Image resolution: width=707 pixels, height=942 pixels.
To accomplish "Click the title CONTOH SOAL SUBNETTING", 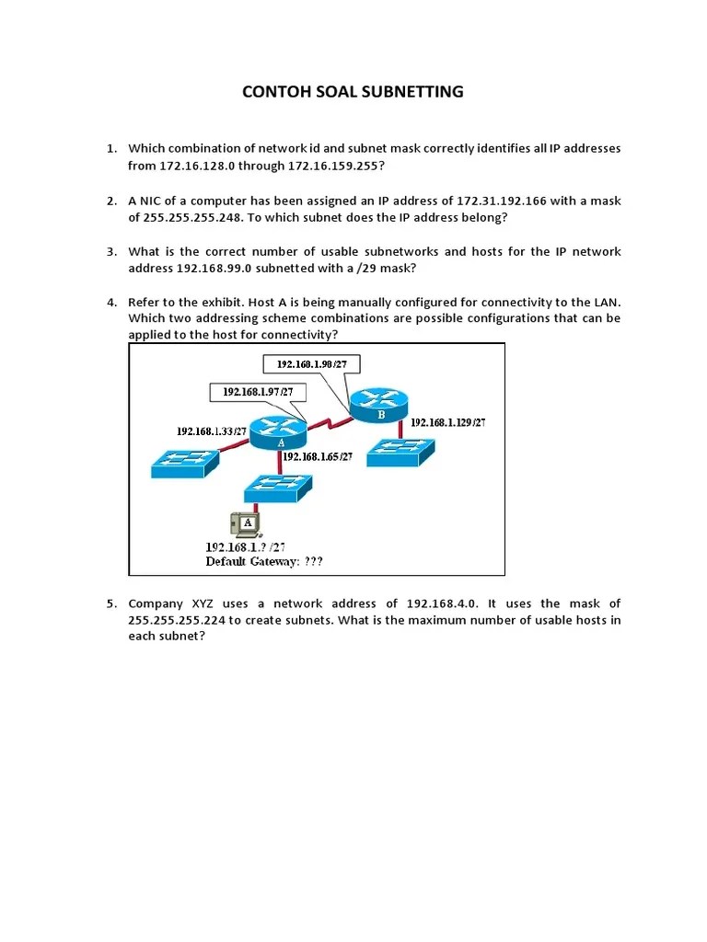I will (353, 92).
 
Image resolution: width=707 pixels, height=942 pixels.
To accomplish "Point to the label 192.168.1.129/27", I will (447, 422).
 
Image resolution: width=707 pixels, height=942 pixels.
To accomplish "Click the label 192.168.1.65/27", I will (318, 456).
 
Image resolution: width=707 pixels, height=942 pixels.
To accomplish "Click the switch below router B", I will (400, 451).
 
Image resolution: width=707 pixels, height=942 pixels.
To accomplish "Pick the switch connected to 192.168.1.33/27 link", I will (185, 463).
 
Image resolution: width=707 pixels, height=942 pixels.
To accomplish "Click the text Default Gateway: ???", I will (264, 561).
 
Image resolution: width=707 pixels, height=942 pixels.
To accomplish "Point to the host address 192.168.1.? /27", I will (245, 546).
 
